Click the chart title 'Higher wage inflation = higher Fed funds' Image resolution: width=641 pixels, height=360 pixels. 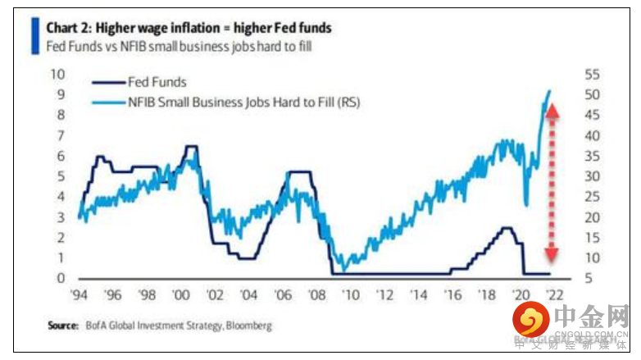click(189, 28)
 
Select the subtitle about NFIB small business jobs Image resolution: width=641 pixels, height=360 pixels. click(179, 46)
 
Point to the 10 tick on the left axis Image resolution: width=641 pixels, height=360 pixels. click(57, 74)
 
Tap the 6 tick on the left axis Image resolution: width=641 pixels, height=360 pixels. click(59, 156)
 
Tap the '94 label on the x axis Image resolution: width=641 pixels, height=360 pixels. click(79, 294)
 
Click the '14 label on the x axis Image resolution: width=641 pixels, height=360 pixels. click(418, 294)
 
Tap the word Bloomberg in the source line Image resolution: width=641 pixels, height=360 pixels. click(246, 326)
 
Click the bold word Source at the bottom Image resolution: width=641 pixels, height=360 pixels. click(63, 326)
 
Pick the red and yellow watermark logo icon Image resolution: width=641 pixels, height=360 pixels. click(533, 321)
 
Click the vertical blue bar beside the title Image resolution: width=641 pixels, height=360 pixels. click(34, 36)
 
